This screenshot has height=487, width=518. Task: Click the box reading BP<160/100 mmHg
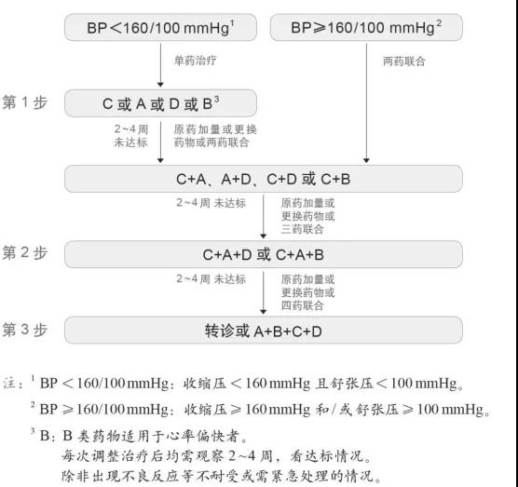(x=160, y=27)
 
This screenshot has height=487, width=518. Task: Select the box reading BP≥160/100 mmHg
(x=366, y=27)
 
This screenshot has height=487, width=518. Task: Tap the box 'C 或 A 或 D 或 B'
(x=160, y=103)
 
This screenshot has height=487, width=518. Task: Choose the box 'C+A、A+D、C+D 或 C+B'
(x=264, y=179)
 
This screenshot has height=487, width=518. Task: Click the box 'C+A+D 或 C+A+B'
(x=264, y=254)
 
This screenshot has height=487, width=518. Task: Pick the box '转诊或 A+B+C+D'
(x=264, y=331)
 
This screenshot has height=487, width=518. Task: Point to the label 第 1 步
(x=25, y=102)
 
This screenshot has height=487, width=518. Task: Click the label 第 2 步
(x=25, y=253)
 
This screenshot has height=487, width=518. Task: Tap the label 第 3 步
(x=25, y=330)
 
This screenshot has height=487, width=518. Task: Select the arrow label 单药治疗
(x=196, y=61)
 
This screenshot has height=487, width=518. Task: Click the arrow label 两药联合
(x=403, y=61)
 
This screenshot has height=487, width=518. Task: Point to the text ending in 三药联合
(x=307, y=216)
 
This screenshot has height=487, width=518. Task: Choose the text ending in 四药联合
(x=307, y=292)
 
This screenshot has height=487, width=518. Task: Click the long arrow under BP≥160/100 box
(x=366, y=102)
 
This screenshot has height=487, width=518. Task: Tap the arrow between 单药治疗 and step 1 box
(x=160, y=65)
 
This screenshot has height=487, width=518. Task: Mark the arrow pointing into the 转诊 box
(x=264, y=292)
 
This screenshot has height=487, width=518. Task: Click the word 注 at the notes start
(x=10, y=384)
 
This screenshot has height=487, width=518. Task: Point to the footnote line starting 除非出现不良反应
(x=222, y=476)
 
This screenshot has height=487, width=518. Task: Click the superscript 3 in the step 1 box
(x=216, y=99)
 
